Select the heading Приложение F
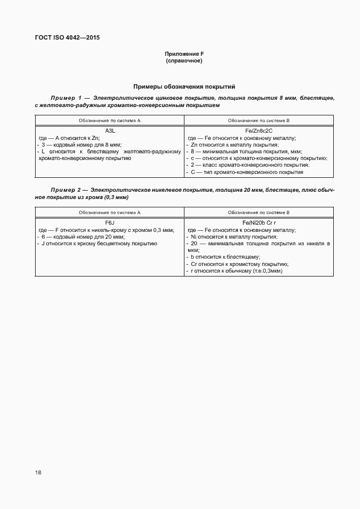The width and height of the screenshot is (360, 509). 184,54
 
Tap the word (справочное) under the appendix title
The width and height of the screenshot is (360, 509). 184,61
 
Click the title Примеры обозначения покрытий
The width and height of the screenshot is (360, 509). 184,86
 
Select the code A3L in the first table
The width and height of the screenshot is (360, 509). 110,130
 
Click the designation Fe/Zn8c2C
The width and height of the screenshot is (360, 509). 259,130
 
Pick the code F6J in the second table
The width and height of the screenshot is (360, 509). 110,222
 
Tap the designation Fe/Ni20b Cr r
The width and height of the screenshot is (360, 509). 259,222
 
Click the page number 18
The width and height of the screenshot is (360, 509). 38,472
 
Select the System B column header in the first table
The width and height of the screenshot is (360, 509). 259,120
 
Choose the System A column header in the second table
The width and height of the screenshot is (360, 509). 110,212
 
